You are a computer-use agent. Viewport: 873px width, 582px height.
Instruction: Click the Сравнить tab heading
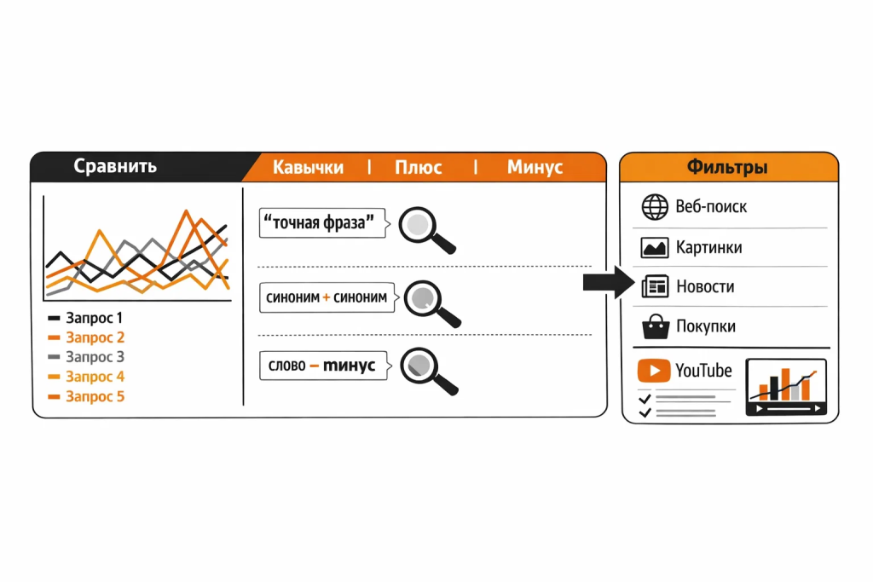(115, 166)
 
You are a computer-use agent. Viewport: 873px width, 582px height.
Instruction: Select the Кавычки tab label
(308, 167)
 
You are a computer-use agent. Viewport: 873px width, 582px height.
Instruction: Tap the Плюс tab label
(418, 167)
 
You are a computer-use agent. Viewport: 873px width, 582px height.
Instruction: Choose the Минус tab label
(535, 167)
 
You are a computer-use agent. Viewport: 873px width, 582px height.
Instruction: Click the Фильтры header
(727, 167)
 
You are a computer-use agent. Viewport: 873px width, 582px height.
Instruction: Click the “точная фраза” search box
(321, 223)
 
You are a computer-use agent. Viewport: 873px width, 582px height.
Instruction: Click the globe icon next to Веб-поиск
(655, 207)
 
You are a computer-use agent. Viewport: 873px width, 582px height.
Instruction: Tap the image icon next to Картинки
(655, 247)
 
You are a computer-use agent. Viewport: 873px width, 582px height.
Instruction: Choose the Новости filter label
(705, 287)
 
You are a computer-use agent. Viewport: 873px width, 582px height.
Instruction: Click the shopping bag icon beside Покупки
(655, 326)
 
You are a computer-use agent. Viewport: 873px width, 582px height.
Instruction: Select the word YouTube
(703, 371)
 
